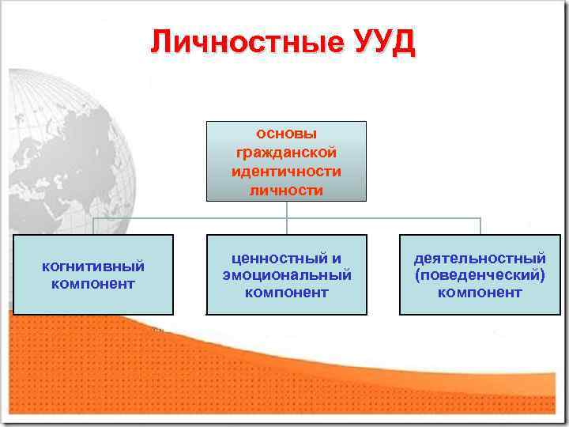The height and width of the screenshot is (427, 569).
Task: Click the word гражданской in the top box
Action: [x=286, y=152]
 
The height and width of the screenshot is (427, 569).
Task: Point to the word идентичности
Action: [x=286, y=171]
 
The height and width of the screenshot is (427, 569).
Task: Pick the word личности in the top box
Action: [x=286, y=190]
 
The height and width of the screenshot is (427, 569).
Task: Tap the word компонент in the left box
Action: [x=93, y=283]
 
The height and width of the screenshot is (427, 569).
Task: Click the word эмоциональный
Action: [x=286, y=275]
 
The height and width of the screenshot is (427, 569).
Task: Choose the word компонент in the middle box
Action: [x=286, y=293]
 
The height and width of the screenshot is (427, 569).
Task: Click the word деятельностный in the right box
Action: [x=480, y=258]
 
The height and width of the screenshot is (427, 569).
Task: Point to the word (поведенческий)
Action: [x=480, y=275]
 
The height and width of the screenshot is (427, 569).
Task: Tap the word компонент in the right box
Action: [x=480, y=293]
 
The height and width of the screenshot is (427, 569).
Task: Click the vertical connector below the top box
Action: [x=287, y=210]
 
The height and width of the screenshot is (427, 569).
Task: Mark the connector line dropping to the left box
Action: [x=93, y=226]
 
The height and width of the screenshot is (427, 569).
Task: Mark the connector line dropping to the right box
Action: [x=480, y=226]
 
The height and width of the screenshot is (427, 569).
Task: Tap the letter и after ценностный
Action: [x=336, y=258]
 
